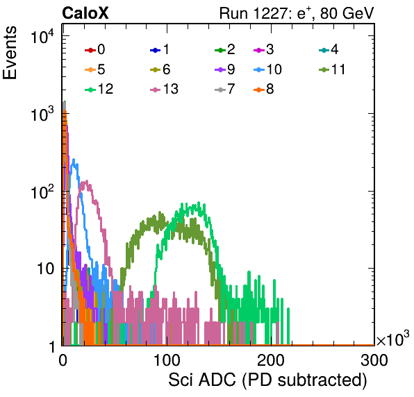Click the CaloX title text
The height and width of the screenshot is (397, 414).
(x=85, y=13)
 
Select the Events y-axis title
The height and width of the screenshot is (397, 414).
(x=10, y=53)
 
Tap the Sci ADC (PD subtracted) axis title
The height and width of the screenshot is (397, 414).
(x=267, y=380)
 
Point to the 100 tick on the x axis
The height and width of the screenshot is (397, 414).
(x=167, y=360)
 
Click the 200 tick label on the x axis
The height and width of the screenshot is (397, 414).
(x=271, y=360)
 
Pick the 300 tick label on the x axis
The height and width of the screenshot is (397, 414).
(x=374, y=360)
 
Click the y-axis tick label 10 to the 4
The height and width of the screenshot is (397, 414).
(x=42, y=36)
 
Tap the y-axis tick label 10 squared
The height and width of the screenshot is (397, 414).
(x=42, y=192)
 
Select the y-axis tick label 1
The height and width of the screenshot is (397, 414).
(x=52, y=346)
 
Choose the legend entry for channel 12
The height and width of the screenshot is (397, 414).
(x=99, y=89)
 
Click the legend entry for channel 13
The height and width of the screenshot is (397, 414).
(x=164, y=89)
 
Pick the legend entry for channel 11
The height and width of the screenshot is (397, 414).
(x=332, y=69)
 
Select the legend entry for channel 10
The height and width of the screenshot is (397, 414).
(x=267, y=69)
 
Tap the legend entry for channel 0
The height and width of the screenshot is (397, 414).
(x=95, y=49)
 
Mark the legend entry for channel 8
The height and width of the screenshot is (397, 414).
(x=264, y=89)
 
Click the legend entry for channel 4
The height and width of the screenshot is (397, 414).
(x=329, y=49)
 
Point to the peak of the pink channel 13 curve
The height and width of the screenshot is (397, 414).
(x=86, y=181)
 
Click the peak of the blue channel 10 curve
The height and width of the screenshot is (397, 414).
(x=74, y=159)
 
